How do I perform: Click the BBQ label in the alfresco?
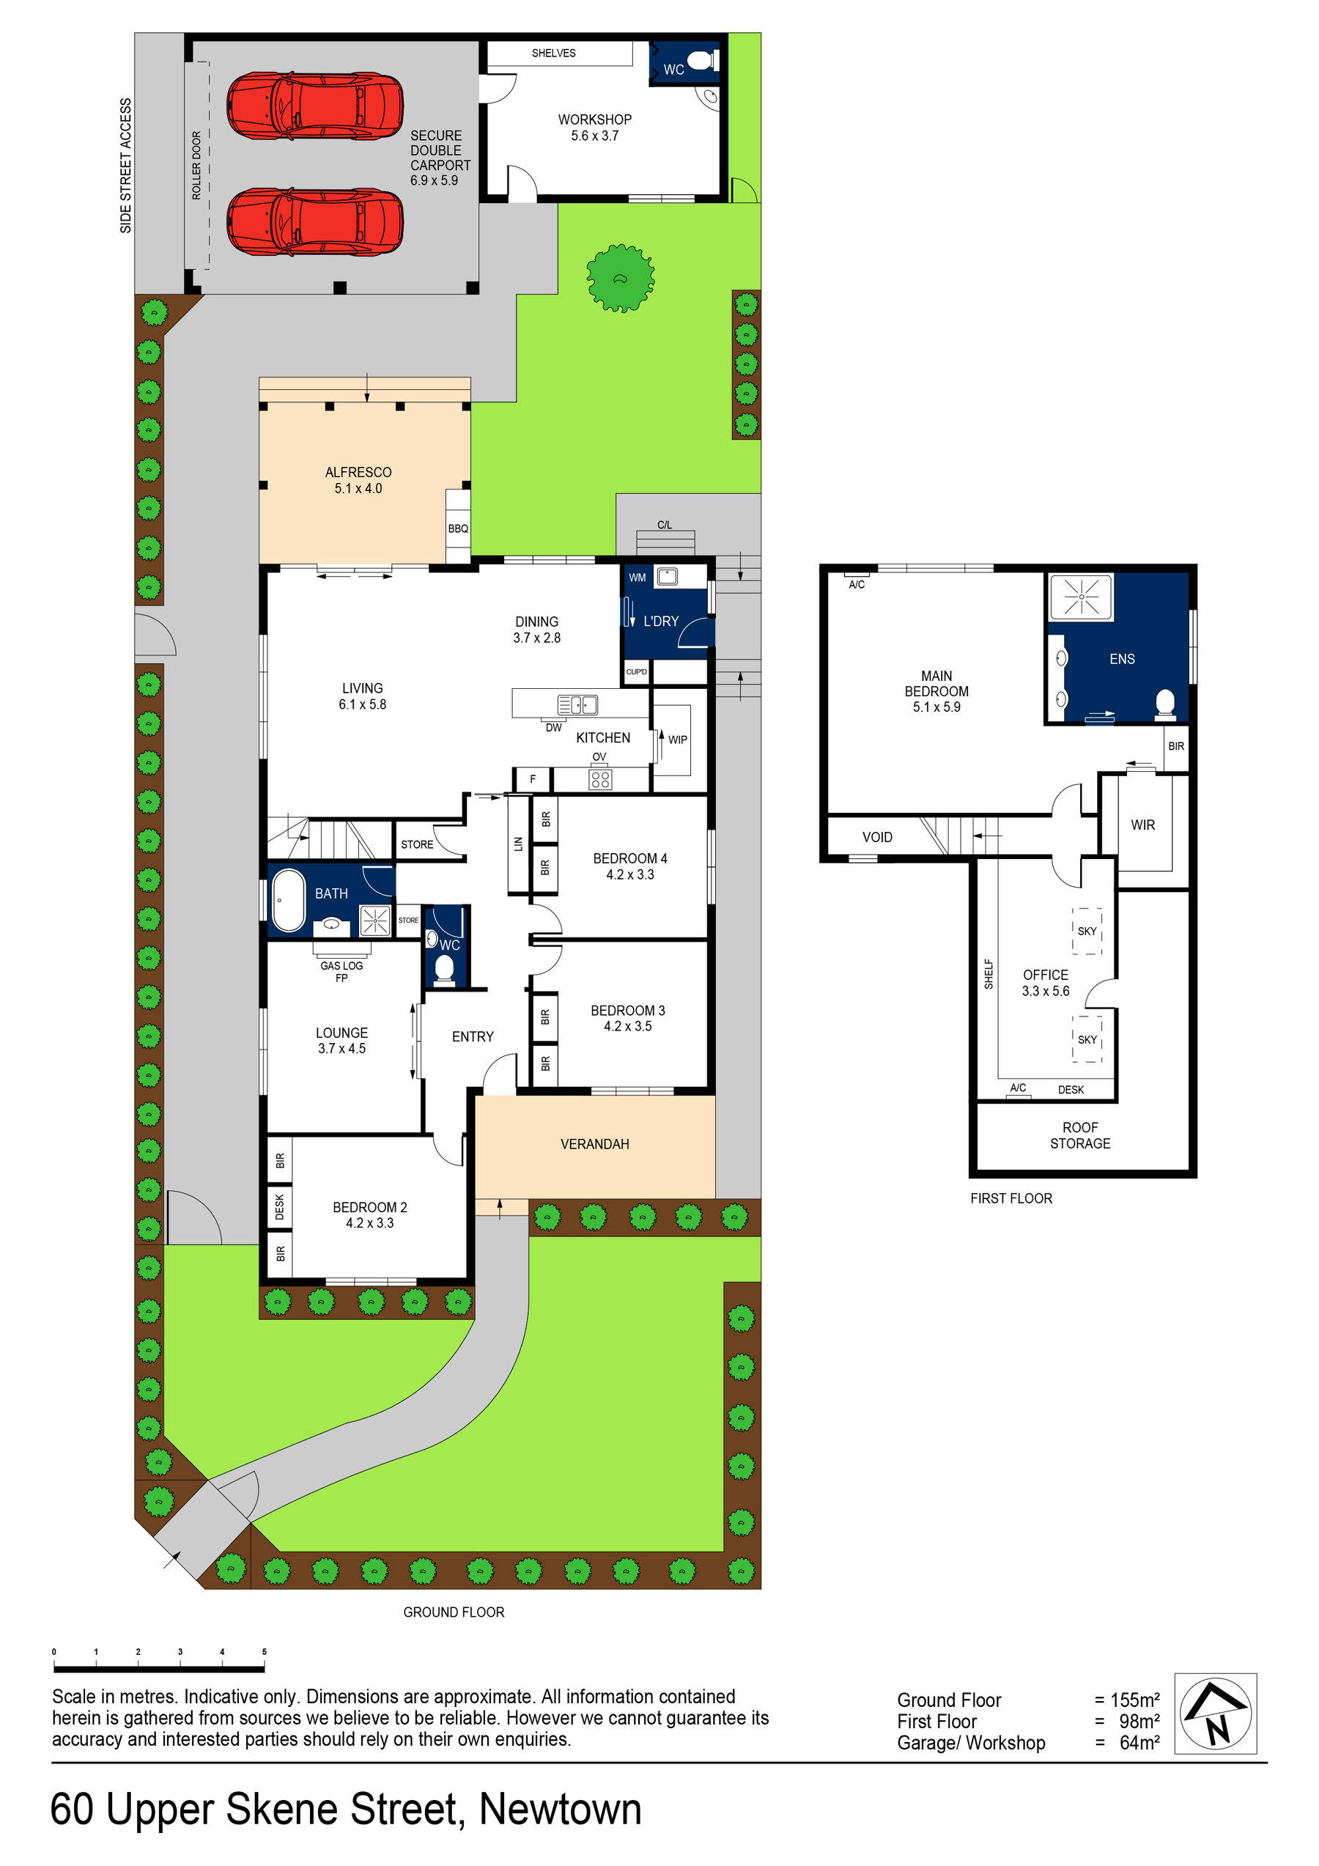(x=457, y=529)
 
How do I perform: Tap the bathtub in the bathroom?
(x=288, y=901)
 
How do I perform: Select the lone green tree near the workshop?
(x=620, y=278)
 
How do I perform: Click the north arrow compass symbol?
(x=1215, y=1714)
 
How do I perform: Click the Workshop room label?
(x=594, y=128)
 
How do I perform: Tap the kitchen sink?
(x=577, y=704)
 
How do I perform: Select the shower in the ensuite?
(x=1081, y=597)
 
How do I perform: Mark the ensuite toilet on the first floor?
(x=1164, y=704)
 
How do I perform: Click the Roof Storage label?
(x=1080, y=1135)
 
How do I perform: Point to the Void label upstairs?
(x=877, y=837)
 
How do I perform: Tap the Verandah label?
(x=594, y=1144)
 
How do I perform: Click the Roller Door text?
(x=196, y=165)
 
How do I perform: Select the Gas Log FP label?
(x=341, y=972)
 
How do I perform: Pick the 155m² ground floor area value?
(x=1134, y=1700)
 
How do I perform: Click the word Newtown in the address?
(x=560, y=1810)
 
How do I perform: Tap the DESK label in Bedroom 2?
(x=280, y=1207)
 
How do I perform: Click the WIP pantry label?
(x=678, y=740)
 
